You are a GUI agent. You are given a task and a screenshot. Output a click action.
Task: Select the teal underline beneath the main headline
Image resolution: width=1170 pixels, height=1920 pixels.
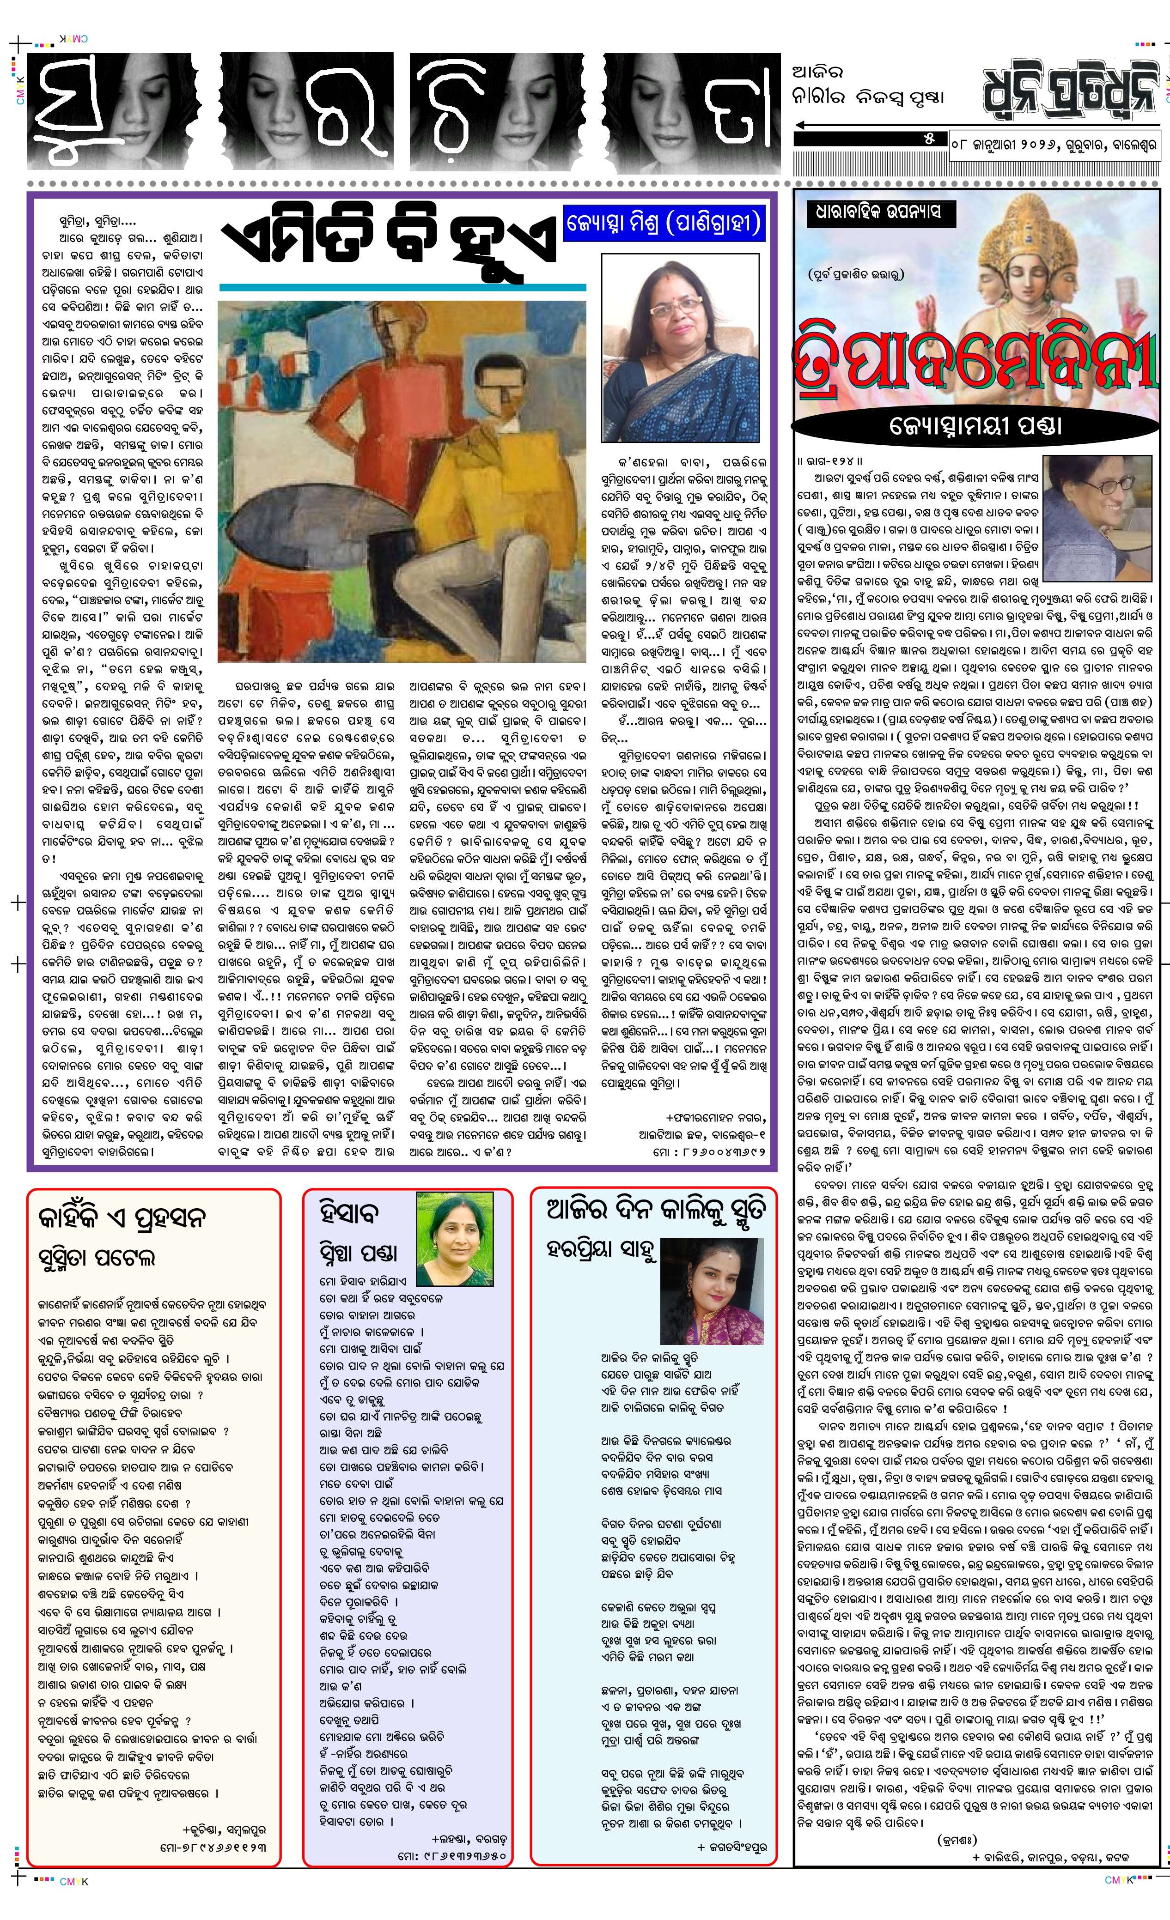pyautogui.click(x=402, y=288)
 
